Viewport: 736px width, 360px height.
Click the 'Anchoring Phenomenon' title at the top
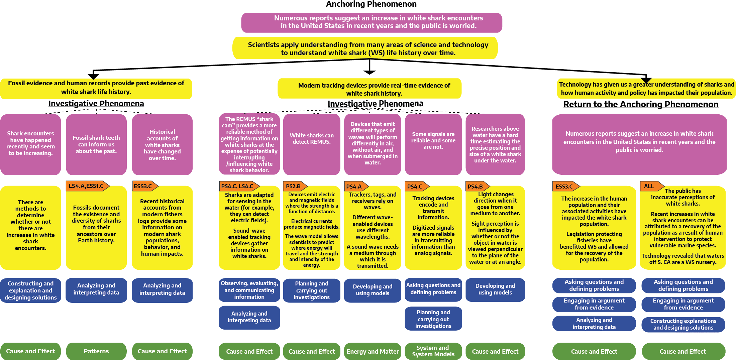[x=371, y=4]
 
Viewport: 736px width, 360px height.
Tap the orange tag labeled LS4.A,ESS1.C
[x=87, y=186]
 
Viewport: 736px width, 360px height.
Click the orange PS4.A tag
[x=355, y=187]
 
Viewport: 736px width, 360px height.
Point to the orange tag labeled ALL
[x=650, y=186]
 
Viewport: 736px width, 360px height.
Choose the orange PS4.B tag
[x=476, y=187]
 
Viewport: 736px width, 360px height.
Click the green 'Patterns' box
[x=96, y=351]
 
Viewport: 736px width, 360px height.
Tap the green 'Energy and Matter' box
[x=373, y=351]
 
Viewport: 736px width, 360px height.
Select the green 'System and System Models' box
[x=433, y=351]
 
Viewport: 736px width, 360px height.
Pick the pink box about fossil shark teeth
[x=96, y=144]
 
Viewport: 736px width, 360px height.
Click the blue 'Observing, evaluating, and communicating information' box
[x=249, y=290]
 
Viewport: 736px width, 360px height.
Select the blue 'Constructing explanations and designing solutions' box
[x=683, y=324]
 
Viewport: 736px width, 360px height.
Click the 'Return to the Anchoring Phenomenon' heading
[x=641, y=104]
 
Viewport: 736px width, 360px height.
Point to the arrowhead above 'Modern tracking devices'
[x=370, y=72]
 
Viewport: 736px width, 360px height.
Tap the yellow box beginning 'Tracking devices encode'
[x=433, y=228]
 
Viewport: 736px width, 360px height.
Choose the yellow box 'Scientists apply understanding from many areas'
[x=368, y=48]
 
